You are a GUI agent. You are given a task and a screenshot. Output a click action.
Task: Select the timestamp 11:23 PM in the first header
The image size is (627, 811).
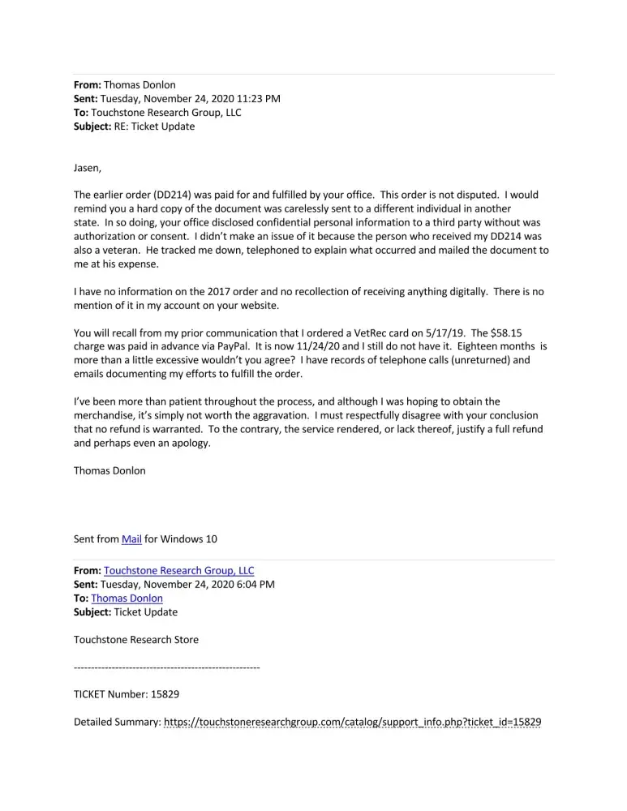pyautogui.click(x=254, y=99)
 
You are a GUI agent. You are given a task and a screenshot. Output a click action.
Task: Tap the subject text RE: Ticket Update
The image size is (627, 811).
pyautogui.click(x=154, y=127)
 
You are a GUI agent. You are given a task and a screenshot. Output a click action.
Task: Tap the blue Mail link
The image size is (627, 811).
pyautogui.click(x=131, y=539)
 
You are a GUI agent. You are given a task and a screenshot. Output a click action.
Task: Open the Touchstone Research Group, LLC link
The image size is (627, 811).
pyautogui.click(x=178, y=571)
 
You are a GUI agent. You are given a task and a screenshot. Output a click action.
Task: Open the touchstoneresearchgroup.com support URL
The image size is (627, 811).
pyautogui.click(x=352, y=722)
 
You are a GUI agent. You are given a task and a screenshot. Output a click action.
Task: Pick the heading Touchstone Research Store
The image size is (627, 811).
pyautogui.click(x=135, y=639)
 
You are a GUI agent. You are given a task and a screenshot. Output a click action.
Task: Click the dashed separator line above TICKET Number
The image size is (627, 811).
pyautogui.click(x=166, y=667)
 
